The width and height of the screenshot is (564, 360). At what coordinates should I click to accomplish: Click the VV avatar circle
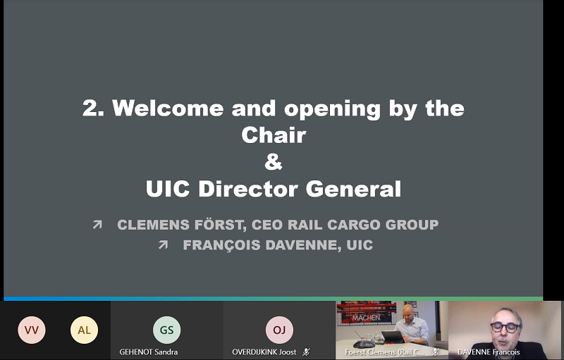[32, 330]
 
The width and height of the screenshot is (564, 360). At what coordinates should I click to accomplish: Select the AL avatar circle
[84, 330]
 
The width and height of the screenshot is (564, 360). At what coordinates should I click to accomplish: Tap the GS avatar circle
[166, 330]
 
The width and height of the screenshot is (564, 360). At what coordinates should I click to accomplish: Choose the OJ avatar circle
[279, 330]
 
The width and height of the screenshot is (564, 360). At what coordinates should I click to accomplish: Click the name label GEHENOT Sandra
[149, 352]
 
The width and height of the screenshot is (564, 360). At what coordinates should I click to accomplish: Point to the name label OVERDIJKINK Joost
[264, 352]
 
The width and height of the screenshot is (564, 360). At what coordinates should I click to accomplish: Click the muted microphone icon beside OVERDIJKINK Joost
[306, 352]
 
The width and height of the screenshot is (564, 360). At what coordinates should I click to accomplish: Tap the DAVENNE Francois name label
[489, 352]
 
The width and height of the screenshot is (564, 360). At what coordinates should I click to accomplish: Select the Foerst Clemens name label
[384, 352]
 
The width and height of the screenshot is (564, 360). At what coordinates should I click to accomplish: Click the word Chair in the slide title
[274, 135]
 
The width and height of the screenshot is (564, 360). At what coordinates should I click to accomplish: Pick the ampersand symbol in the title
[274, 161]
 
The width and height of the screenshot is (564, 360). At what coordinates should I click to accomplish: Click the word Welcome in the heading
[168, 108]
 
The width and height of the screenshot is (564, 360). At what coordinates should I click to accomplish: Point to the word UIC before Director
[168, 189]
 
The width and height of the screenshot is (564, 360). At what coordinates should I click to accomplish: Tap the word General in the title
[353, 189]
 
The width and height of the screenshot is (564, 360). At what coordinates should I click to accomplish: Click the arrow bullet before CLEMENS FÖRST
[97, 225]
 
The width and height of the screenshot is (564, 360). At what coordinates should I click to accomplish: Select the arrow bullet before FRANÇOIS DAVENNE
[163, 244]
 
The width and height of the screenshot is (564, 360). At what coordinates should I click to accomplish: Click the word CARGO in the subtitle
[354, 225]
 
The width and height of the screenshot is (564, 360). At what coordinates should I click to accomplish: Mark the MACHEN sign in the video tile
[366, 318]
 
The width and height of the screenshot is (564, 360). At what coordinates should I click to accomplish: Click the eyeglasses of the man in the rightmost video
[505, 327]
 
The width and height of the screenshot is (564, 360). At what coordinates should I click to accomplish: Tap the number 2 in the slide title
[93, 108]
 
